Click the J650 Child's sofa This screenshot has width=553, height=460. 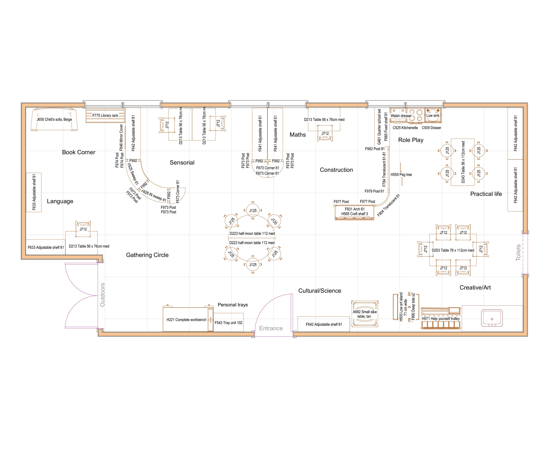click(x=54, y=119)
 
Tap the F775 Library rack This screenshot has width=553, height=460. click(x=105, y=115)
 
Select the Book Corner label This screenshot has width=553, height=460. click(x=78, y=152)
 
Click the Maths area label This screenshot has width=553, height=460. click(x=298, y=135)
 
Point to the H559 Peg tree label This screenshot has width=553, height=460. click(x=401, y=175)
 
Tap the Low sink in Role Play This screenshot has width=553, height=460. click(x=433, y=116)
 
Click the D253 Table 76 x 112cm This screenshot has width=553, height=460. click(x=453, y=250)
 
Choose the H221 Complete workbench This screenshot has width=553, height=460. click(x=186, y=320)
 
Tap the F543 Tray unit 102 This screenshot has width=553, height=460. click(x=228, y=323)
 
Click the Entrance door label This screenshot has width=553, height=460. click(x=271, y=328)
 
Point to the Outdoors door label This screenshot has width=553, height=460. click(x=102, y=295)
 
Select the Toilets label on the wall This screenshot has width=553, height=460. click(x=518, y=253)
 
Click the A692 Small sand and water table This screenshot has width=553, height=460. click(x=365, y=314)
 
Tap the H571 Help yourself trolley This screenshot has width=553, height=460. click(x=441, y=319)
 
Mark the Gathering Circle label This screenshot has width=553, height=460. click(x=147, y=255)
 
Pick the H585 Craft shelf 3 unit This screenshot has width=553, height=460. click(x=355, y=214)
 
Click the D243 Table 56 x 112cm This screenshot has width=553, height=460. click(x=463, y=162)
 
